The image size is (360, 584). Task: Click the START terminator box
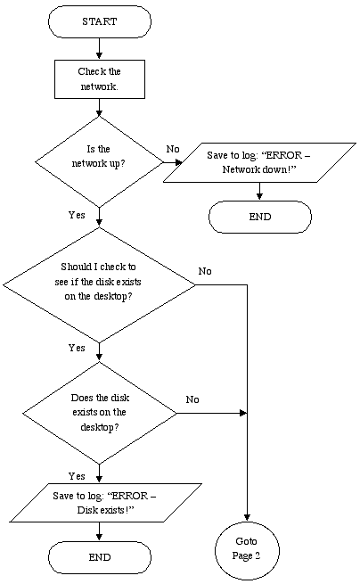pyautogui.click(x=100, y=21)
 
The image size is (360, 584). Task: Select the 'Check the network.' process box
pyautogui.click(x=100, y=79)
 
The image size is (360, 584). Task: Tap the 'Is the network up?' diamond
pyautogui.click(x=99, y=161)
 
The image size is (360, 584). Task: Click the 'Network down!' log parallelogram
pyautogui.click(x=259, y=162)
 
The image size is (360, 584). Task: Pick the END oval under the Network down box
pyautogui.click(x=260, y=217)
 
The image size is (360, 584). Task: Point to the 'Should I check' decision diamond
pyautogui.click(x=99, y=285)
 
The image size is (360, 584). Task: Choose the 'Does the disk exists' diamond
pyautogui.click(x=100, y=413)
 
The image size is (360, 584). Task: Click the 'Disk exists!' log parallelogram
pyautogui.click(x=106, y=503)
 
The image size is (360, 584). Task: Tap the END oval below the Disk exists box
pyautogui.click(x=100, y=557)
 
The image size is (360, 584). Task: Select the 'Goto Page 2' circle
pyautogui.click(x=247, y=550)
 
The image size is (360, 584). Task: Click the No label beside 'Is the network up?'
pyautogui.click(x=173, y=149)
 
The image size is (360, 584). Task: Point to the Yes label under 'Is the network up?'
pyautogui.click(x=77, y=215)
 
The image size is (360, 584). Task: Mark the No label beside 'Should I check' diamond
pyautogui.click(x=205, y=271)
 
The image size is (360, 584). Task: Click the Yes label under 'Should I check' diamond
pyautogui.click(x=77, y=348)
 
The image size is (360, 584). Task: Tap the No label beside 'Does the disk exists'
pyautogui.click(x=192, y=399)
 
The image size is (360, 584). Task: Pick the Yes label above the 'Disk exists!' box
pyautogui.click(x=77, y=476)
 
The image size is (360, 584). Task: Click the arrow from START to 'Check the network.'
pyautogui.click(x=99, y=48)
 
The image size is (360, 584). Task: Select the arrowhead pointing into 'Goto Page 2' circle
pyautogui.click(x=247, y=517)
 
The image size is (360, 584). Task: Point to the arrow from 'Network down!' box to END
pyautogui.click(x=259, y=192)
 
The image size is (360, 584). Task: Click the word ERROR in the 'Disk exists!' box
pyautogui.click(x=129, y=496)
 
